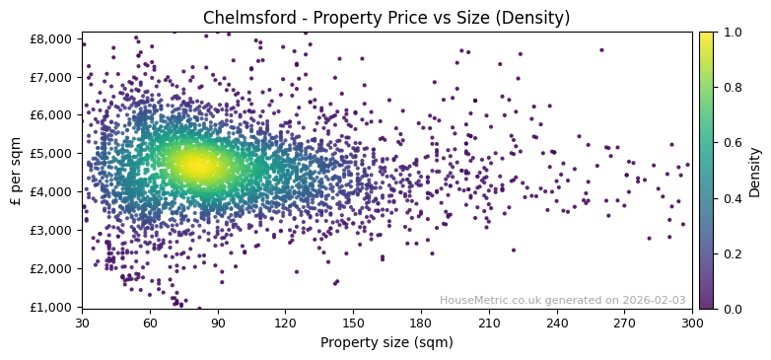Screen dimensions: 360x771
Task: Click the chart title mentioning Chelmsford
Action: [x=385, y=18]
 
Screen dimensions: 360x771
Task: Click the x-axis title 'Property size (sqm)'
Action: [x=386, y=343]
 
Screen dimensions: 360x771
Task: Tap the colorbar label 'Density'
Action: [x=755, y=172]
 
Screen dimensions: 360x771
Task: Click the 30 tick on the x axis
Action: [x=82, y=323]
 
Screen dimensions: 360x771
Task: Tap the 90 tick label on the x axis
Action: [x=218, y=323]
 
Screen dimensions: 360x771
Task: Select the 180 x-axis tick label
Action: [x=421, y=323]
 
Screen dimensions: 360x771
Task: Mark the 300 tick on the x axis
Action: [x=692, y=323]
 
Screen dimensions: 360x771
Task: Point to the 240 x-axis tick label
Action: [x=557, y=323]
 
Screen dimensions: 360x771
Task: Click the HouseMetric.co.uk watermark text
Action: [x=562, y=300]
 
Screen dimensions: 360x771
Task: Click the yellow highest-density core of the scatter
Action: [x=198, y=166]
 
